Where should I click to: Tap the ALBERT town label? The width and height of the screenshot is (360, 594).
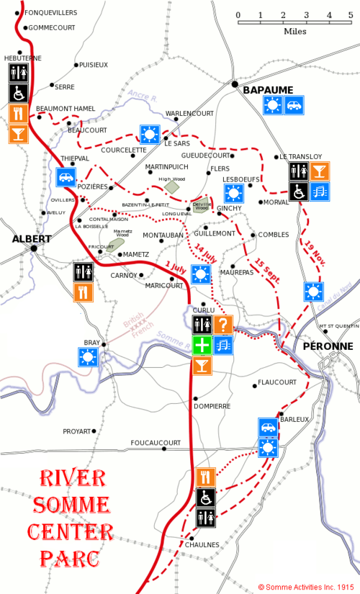(30, 239)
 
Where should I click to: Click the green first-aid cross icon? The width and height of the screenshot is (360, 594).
(202, 346)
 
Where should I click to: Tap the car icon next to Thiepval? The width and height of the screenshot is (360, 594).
(66, 176)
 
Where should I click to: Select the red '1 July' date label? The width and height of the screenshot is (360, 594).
(176, 266)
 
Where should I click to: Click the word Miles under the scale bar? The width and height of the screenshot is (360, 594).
(294, 32)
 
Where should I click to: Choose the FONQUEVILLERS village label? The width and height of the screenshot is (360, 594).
(51, 13)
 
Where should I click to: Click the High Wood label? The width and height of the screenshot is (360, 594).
(172, 179)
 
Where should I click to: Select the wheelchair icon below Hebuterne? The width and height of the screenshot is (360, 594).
(18, 93)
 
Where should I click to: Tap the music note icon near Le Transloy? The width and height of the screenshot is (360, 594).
(320, 191)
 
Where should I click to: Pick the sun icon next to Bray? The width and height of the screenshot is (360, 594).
(88, 356)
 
